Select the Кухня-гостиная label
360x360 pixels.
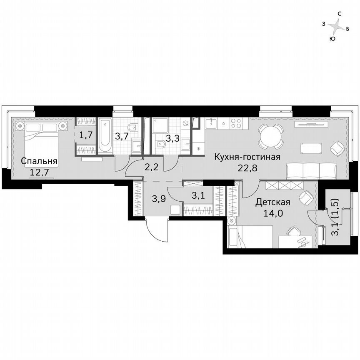coord(247,157)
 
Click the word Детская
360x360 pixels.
coord(272,202)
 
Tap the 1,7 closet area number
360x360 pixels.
coord(86,134)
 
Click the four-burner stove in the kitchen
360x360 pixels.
coord(237,123)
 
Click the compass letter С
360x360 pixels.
coord(340,14)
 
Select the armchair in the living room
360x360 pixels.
coord(337,148)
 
